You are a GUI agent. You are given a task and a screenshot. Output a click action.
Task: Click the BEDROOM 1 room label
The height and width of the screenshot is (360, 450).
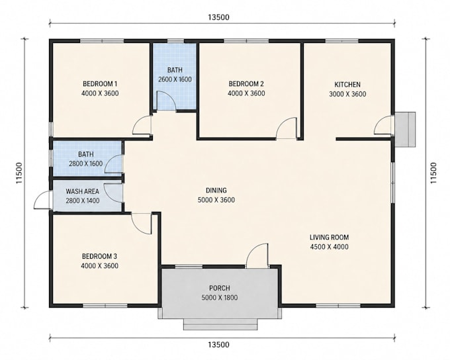[100, 84]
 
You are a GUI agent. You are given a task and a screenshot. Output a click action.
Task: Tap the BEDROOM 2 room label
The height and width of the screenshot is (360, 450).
[246, 84]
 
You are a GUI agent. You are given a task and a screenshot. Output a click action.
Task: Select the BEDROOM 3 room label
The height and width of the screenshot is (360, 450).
[99, 256]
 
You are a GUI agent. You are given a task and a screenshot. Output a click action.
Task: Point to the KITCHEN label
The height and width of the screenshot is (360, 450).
[347, 85]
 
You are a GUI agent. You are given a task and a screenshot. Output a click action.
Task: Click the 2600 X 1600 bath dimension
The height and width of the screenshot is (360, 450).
[175, 79]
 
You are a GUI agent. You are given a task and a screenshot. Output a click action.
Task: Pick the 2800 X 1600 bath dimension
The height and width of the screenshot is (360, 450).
[86, 163]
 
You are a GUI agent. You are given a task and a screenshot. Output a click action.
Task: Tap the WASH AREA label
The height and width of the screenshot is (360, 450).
[82, 191]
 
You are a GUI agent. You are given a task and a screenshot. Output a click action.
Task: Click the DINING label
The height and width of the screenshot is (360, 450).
[216, 191]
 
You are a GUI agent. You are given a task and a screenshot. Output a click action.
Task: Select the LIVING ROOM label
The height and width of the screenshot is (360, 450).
[329, 238]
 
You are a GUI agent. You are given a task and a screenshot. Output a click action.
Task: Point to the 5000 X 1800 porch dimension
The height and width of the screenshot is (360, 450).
[220, 298]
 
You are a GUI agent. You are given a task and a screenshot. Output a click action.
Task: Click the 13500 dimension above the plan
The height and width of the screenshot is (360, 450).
[218, 17]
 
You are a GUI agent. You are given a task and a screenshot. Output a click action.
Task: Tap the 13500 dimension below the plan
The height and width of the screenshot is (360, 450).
[218, 345]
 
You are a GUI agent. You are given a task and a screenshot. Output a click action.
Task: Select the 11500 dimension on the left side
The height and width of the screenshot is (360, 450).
[19, 173]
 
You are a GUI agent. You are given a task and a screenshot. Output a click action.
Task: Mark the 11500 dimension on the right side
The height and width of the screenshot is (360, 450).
[433, 173]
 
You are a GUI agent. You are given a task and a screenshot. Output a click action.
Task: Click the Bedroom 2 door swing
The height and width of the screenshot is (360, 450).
[287, 128]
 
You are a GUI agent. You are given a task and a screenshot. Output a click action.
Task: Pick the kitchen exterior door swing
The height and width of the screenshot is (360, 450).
[383, 125]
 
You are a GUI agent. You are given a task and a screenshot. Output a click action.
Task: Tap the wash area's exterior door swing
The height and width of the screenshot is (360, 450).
[42, 200]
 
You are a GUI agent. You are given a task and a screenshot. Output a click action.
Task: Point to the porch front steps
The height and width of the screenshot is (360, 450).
[220, 324]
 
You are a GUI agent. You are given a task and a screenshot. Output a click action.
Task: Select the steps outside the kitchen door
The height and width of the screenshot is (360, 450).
[405, 130]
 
